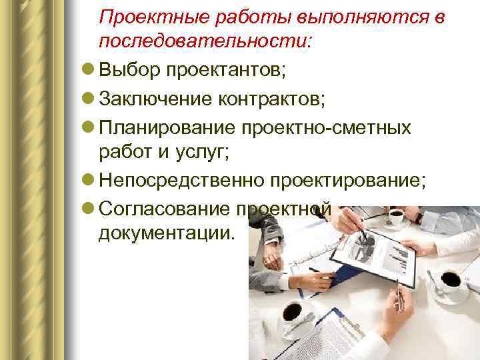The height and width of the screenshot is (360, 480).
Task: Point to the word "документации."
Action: coord(167,235)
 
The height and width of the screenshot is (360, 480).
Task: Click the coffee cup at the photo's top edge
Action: coord(396,216)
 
